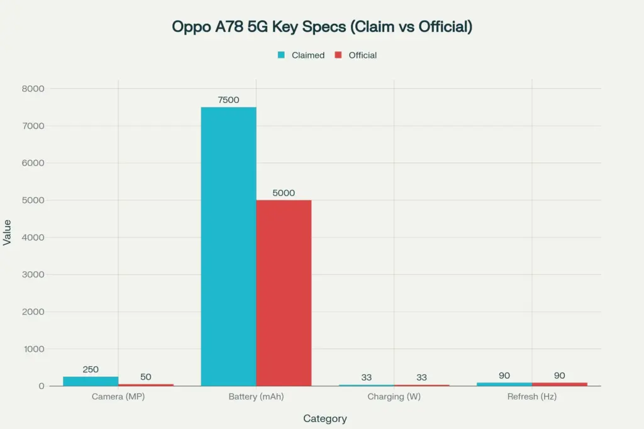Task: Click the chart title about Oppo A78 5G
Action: pos(322,26)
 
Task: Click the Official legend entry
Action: pos(356,55)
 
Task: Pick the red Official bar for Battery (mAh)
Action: pos(284,293)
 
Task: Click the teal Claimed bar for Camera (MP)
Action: pos(91,381)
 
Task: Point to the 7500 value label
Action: pos(228,100)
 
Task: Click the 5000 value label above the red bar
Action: pos(284,193)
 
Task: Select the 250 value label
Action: pos(91,369)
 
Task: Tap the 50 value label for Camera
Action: pos(146,377)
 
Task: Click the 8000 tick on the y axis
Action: pos(33,89)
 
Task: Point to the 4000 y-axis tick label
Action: pos(33,237)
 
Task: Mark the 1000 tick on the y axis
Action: pos(33,349)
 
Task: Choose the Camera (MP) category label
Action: pos(118,397)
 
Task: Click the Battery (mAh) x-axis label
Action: pos(256,397)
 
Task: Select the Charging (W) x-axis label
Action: pos(394,397)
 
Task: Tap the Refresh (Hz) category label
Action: pos(532,397)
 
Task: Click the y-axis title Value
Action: pos(8,232)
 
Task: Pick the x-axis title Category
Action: pos(325,418)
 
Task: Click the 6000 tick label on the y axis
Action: pos(33,163)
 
